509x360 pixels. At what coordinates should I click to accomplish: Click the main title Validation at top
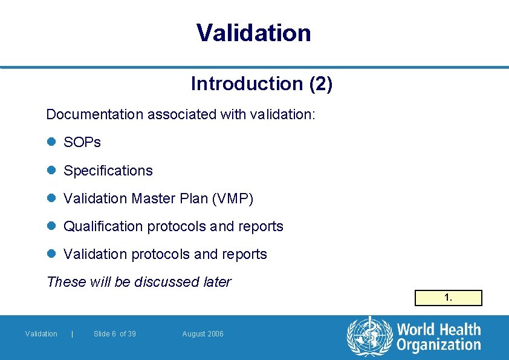(x=253, y=33)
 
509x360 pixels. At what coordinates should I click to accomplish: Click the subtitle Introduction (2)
(x=261, y=83)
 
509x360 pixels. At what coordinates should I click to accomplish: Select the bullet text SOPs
(x=82, y=143)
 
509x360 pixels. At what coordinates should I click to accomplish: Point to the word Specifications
(x=108, y=171)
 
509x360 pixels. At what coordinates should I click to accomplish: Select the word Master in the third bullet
(x=151, y=198)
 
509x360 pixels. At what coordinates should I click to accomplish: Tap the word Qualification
(x=103, y=226)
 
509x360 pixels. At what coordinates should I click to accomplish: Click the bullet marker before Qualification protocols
(x=51, y=226)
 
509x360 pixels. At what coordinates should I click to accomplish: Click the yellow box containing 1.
(x=448, y=298)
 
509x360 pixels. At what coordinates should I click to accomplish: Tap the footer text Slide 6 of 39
(x=115, y=334)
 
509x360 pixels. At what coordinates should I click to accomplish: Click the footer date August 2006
(x=203, y=334)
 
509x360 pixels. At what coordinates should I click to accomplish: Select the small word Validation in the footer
(x=41, y=334)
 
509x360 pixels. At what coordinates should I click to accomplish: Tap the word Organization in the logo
(x=439, y=345)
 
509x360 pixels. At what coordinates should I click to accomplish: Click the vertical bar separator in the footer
(x=73, y=334)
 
